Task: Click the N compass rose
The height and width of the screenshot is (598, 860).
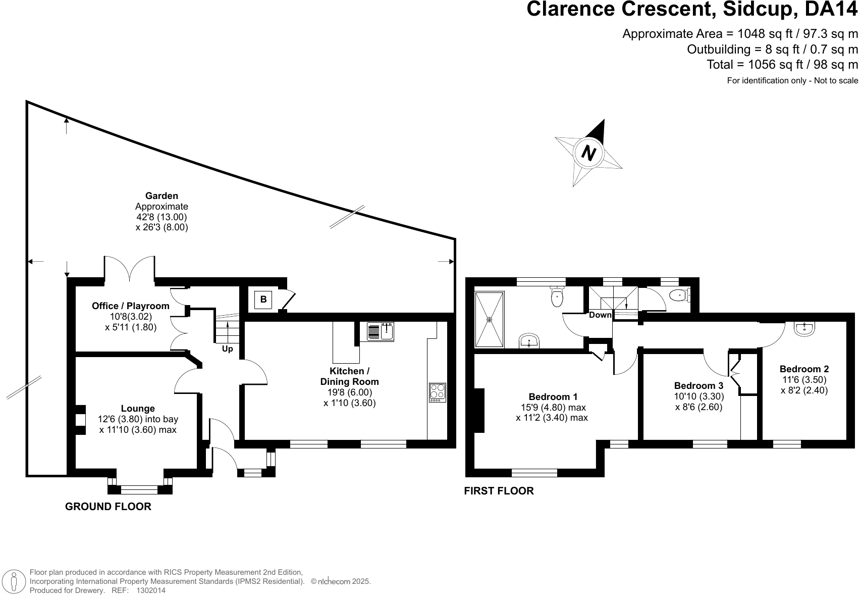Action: [588, 152]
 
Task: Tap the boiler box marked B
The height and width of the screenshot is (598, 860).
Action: [263, 300]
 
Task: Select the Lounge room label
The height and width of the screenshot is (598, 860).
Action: [138, 409]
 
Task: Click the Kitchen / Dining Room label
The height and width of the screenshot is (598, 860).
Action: [349, 376]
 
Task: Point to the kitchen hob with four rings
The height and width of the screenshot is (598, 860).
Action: [437, 392]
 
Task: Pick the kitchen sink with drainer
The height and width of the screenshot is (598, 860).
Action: [380, 331]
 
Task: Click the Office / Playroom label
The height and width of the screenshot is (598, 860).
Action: [130, 306]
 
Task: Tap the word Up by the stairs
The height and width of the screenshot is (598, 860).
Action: [227, 349]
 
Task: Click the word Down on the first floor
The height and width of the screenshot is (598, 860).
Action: [600, 315]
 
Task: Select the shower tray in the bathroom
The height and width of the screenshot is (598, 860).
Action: [489, 319]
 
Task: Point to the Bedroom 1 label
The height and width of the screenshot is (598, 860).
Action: [553, 397]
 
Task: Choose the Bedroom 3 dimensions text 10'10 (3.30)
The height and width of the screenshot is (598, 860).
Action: [698, 397]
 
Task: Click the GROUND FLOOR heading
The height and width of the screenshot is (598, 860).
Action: [108, 507]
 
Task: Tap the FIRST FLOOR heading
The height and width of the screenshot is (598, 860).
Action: [498, 491]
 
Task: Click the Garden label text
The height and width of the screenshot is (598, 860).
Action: [162, 196]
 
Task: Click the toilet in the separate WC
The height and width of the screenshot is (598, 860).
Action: [678, 295]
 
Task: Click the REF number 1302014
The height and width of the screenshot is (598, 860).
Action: [151, 590]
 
